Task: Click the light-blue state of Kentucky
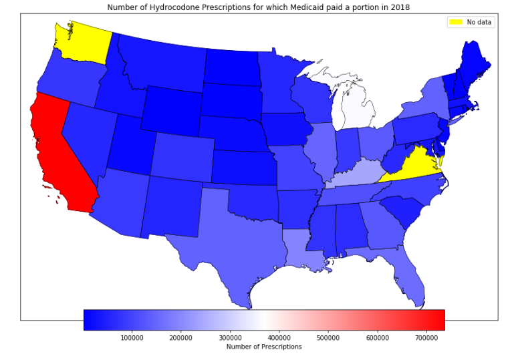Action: (x=354, y=173)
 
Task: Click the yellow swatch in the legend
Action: (x=456, y=22)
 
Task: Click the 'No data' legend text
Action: (x=479, y=22)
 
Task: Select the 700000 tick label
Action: (x=427, y=338)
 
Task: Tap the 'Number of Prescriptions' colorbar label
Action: (x=264, y=347)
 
